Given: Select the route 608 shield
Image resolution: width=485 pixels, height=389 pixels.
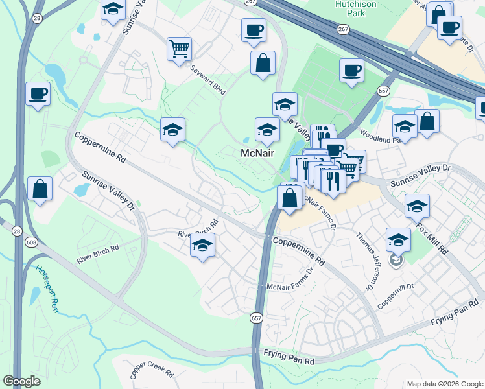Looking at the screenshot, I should pos(31,242).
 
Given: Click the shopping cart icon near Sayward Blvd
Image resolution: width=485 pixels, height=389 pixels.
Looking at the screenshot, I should pos(180,48).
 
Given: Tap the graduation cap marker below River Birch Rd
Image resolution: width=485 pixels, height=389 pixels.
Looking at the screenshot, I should pos(202,246).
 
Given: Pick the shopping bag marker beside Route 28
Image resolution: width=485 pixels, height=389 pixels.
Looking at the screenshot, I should pos(40,188).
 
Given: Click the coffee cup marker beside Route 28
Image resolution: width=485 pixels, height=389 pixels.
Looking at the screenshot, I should pos(38,93).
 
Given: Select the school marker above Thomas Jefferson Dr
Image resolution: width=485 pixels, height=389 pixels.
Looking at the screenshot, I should pos(397,239).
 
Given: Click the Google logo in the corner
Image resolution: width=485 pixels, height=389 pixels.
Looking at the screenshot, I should pos(22,381).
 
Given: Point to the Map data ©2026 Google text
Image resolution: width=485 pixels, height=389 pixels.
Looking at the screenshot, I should pos(444,384).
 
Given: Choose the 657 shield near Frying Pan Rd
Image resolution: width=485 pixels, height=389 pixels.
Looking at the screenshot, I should pos(256,318).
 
